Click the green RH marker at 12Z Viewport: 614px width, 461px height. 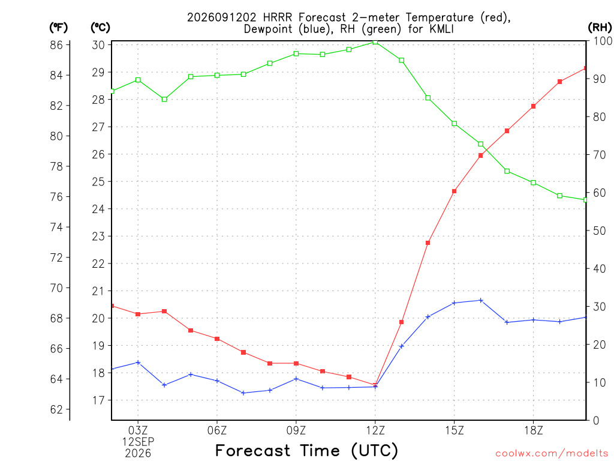coord(375,42)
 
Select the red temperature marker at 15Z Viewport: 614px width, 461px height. coord(455,191)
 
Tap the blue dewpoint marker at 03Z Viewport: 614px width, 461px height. coord(138,363)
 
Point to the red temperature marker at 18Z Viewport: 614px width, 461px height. coord(533,106)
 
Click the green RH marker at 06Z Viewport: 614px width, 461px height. coord(217,75)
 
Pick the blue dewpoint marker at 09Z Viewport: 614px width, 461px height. coord(296,379)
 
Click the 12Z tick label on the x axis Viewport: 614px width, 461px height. coord(375,431)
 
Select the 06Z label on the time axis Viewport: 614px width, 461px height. coord(217,431)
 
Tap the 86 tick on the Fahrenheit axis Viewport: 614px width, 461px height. coord(56,45)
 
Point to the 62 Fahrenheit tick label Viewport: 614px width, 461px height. coord(56,409)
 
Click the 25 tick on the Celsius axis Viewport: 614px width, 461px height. coord(99,182)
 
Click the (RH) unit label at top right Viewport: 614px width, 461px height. coord(600,28)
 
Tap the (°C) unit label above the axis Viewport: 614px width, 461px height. coord(100,28)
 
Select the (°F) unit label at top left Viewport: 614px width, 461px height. coord(58,28)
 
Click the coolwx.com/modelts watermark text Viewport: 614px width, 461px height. coord(552,454)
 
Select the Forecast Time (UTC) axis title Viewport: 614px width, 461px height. coord(306,451)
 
